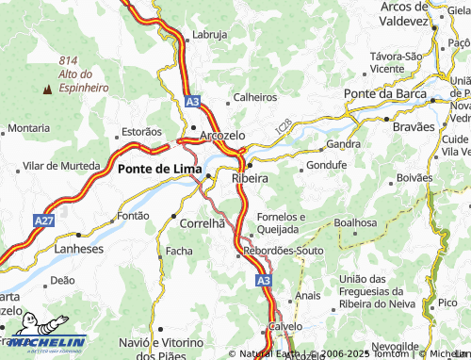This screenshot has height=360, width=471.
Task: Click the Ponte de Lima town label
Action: (x=156, y=169)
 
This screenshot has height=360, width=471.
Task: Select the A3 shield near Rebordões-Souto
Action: (x=264, y=280)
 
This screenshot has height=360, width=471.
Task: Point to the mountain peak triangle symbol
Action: (x=47, y=90)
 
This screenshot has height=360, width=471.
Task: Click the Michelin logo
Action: (x=44, y=344)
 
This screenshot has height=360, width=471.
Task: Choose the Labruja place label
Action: (x=209, y=35)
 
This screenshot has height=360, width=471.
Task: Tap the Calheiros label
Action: (x=255, y=96)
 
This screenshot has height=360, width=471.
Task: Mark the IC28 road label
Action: (x=284, y=125)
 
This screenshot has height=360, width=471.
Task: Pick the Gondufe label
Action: (x=327, y=165)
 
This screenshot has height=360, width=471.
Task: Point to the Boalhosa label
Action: (x=355, y=223)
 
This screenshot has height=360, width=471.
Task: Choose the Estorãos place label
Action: (x=142, y=132)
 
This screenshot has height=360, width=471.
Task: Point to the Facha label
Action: (x=178, y=252)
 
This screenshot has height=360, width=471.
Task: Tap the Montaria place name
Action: (x=29, y=127)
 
